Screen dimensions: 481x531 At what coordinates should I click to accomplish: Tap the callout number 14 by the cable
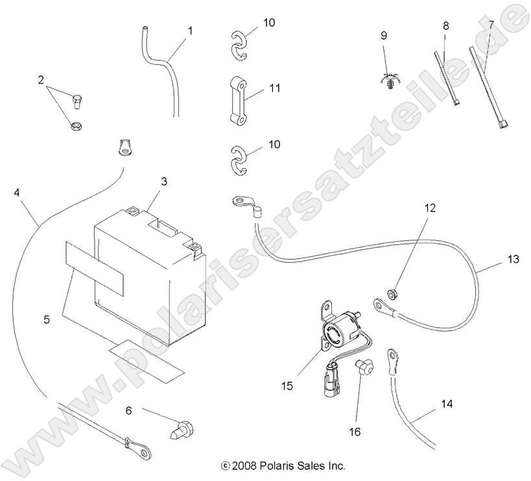[447, 404]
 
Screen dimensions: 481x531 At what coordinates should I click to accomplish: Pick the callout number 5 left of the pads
[45, 319]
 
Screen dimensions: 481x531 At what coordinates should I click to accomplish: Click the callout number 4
[16, 192]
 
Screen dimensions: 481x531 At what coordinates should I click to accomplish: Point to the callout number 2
[41, 80]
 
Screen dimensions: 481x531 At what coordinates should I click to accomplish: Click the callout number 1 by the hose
[190, 30]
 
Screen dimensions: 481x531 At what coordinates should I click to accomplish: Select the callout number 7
[491, 25]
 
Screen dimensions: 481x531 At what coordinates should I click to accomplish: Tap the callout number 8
[445, 25]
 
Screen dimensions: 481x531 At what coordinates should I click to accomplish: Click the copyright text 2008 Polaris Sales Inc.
[283, 465]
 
